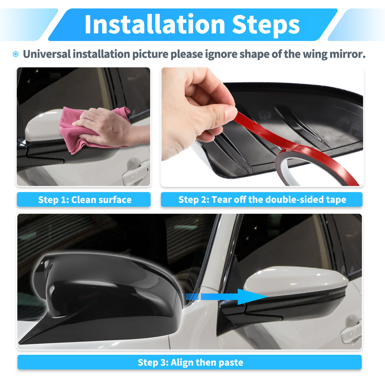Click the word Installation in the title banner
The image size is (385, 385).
coord(155,25)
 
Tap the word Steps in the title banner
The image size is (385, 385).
coord(266,26)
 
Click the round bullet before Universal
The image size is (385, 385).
coord(16,54)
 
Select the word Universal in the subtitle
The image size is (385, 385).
coord(47,54)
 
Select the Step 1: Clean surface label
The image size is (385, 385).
coord(84,199)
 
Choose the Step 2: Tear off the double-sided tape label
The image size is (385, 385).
coord(261,199)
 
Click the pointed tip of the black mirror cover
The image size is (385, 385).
coord(19,343)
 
